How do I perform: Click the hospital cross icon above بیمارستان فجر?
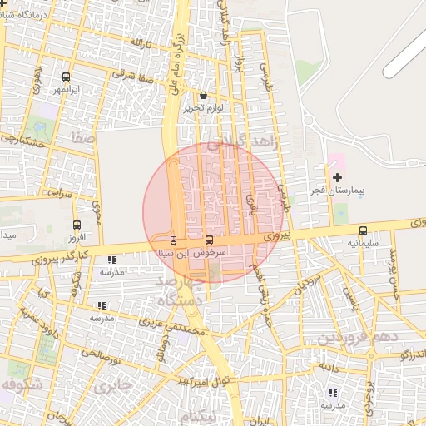tap(336, 177)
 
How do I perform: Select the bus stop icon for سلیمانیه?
tap(362, 230)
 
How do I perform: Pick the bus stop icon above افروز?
tap(77, 225)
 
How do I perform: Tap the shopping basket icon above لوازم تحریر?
tap(204, 96)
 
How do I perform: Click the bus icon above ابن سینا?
tap(173, 240)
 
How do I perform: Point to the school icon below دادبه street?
tap(333, 393)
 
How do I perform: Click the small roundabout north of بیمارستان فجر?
tap(307, 121)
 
